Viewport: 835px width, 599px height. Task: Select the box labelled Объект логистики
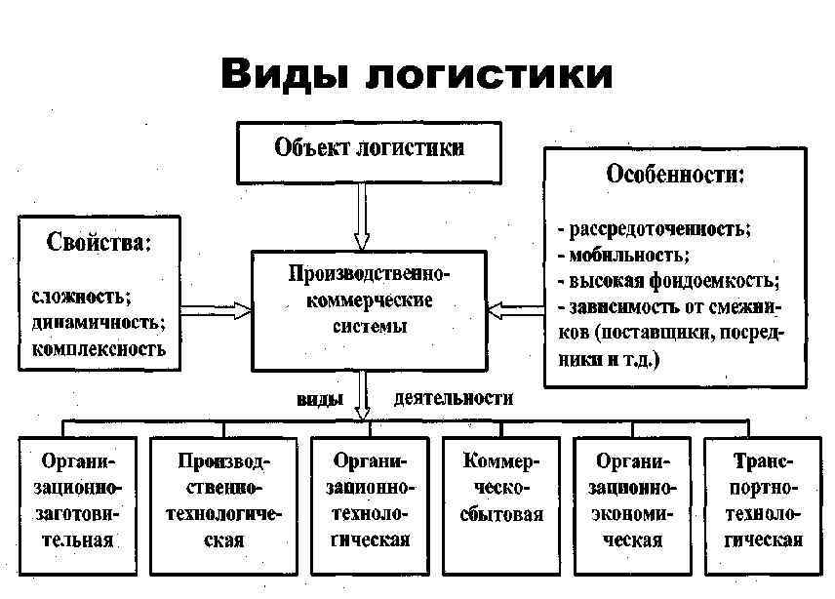click(369, 150)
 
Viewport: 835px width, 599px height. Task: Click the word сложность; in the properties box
click(82, 296)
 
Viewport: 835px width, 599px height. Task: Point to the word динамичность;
click(98, 321)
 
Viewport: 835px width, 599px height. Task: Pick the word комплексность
click(99, 346)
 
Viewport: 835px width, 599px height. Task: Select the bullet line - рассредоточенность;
click(654, 230)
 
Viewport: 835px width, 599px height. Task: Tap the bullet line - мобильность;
click(623, 256)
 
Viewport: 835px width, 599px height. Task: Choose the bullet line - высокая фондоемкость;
click(668, 281)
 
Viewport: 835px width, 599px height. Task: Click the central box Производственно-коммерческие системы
click(369, 310)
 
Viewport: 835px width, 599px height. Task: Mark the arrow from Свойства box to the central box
click(216, 311)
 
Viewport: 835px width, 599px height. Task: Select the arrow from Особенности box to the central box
click(514, 310)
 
